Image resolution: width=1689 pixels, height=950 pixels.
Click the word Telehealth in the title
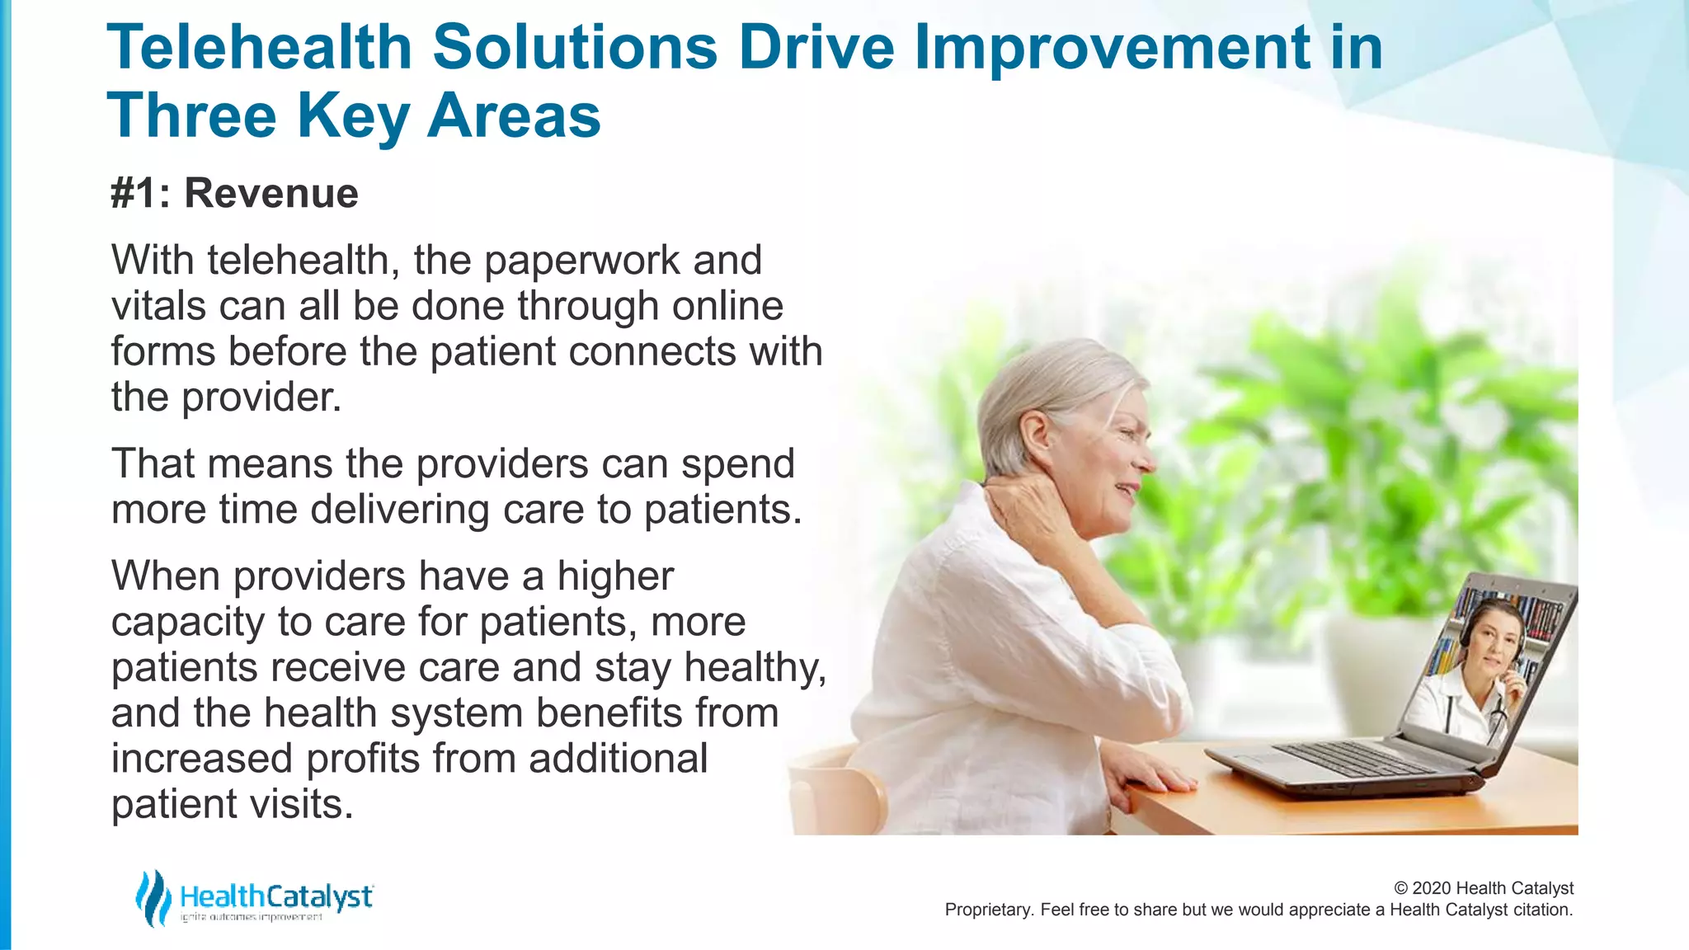pyautogui.click(x=259, y=48)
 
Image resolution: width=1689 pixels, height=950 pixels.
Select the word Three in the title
pyautogui.click(x=191, y=116)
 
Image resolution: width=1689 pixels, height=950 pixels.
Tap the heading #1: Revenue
pyautogui.click(x=234, y=194)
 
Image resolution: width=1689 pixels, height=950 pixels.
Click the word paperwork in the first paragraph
pyautogui.click(x=581, y=261)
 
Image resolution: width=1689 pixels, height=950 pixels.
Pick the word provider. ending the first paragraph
pyautogui.click(x=261, y=398)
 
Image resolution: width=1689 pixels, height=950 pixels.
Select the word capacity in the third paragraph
pyautogui.click(x=187, y=623)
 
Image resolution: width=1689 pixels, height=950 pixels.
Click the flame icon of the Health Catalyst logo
pyautogui.click(x=153, y=898)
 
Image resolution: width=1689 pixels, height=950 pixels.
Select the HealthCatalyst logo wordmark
pyautogui.click(x=276, y=896)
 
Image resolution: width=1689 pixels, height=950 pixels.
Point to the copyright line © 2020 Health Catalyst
pyautogui.click(x=1484, y=888)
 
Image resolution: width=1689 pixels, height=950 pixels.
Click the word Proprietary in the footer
pyautogui.click(x=988, y=910)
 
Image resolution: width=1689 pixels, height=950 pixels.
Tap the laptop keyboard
pyautogui.click(x=1353, y=758)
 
